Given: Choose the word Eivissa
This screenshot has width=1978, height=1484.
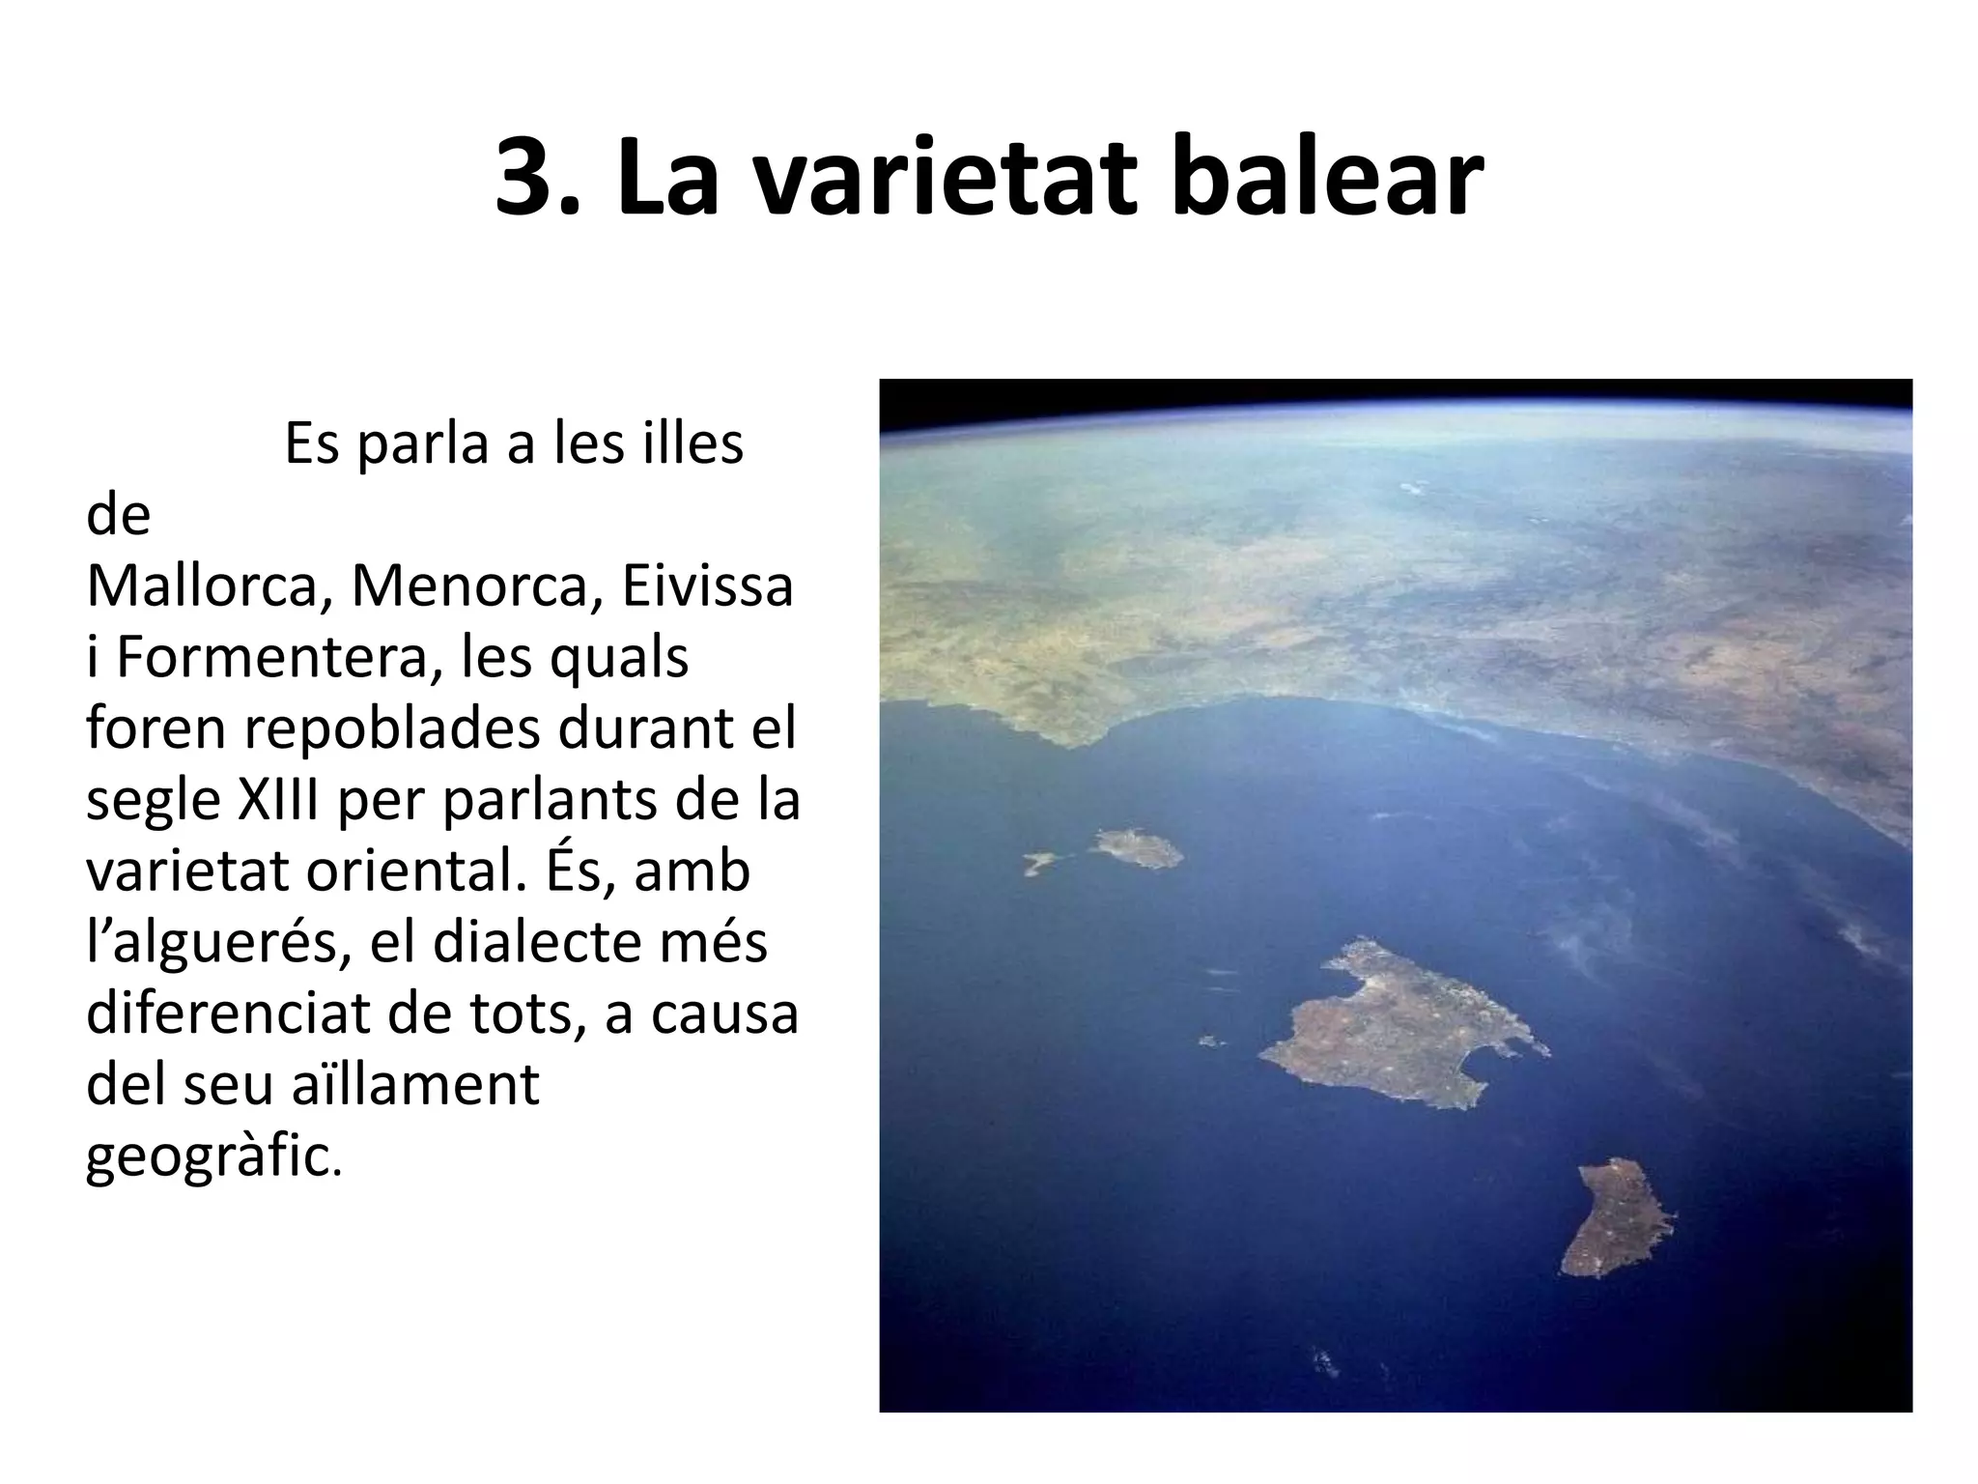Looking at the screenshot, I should point(707,585).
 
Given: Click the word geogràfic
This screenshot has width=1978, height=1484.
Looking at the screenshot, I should point(212,1156).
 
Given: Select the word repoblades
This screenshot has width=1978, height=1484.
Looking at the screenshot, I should point(392,728).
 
